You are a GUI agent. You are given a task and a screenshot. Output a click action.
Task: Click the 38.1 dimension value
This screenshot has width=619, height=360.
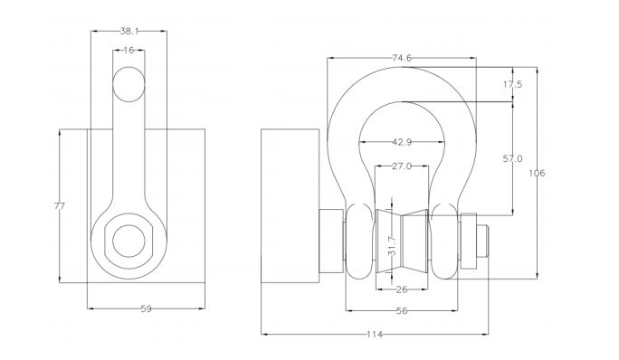pyautogui.click(x=129, y=31)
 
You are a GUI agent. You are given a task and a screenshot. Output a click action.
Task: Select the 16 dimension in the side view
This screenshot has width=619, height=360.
pyautogui.click(x=129, y=50)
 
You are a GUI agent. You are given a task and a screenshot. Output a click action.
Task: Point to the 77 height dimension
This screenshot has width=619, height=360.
pyautogui.click(x=59, y=205)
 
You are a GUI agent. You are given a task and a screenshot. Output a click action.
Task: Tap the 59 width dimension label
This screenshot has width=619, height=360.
pyautogui.click(x=146, y=308)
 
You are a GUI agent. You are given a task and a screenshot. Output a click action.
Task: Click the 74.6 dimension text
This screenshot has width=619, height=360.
pyautogui.click(x=402, y=58)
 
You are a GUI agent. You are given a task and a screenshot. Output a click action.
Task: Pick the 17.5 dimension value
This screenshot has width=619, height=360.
pyautogui.click(x=512, y=84)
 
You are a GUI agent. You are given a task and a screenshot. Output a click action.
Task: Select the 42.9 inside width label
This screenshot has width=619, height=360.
pyautogui.click(x=402, y=142)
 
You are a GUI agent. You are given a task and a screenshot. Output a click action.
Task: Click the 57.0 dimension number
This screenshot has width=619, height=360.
pyautogui.click(x=512, y=158)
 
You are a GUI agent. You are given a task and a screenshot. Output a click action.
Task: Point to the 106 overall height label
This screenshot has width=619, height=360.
pyautogui.click(x=537, y=173)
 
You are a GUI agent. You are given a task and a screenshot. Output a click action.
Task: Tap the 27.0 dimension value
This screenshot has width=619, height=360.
pyautogui.click(x=402, y=166)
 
